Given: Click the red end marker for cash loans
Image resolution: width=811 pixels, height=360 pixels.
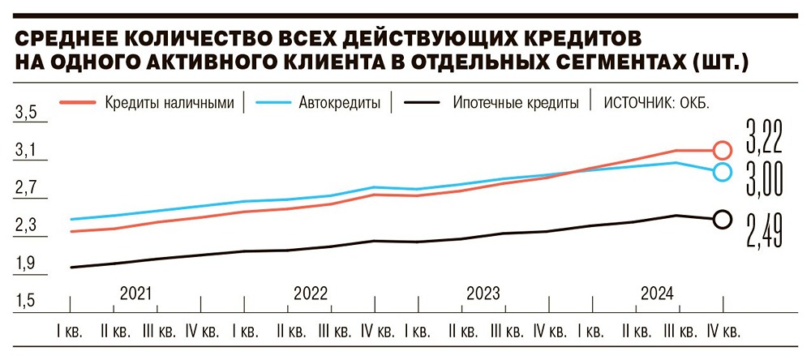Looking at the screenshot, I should (722, 150).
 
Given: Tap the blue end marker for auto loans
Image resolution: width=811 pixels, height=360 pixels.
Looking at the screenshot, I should (722, 171).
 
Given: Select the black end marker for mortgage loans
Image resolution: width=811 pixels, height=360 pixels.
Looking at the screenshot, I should (722, 219).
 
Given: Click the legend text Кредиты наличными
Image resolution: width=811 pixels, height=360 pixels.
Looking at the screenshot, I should (169, 103).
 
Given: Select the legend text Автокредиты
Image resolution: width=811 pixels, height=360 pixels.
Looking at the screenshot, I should (340, 104).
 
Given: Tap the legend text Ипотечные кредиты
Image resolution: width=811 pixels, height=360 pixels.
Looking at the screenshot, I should (516, 104).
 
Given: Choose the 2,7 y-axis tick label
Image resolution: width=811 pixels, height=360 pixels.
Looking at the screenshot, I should (27, 189).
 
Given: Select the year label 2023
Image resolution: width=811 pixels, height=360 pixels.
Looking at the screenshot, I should (484, 293).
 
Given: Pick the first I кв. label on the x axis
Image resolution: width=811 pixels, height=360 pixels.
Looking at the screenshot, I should (71, 332).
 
